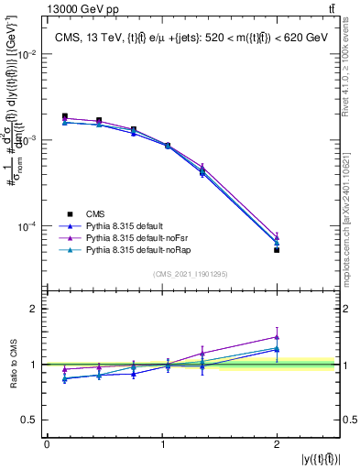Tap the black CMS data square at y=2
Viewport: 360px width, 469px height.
coord(277,249)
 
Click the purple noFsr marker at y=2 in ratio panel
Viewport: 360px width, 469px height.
coord(277,337)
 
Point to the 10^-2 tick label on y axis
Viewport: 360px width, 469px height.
coord(27,55)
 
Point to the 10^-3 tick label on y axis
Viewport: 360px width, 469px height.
coord(27,140)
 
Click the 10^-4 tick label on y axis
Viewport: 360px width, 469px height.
coord(27,226)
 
